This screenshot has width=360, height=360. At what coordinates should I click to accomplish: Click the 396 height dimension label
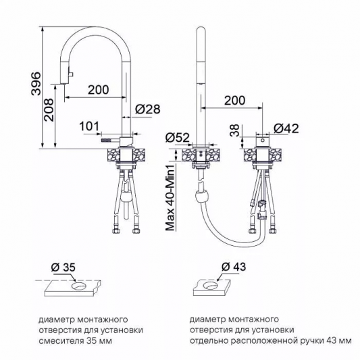coord(36,83)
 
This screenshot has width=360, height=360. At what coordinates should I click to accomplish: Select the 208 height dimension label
coord(49,110)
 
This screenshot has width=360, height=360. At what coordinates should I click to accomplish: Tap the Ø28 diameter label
coord(148,109)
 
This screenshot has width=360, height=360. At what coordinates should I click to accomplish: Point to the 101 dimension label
coord(89,126)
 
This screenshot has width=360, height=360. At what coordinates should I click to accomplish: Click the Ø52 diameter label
coord(178,138)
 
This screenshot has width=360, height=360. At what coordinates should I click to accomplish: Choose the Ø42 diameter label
coord(286,128)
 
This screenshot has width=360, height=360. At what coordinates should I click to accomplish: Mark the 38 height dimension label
coord(234,130)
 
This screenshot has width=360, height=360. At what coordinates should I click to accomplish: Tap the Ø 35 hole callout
coord(63,267)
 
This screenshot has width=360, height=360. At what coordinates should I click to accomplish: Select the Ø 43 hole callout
coord(234,267)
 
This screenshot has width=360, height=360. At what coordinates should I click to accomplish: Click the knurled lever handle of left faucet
coord(107,140)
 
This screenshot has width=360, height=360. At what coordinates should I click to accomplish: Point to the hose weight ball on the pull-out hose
coord(202,196)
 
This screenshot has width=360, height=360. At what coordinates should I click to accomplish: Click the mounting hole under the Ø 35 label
coord(79,286)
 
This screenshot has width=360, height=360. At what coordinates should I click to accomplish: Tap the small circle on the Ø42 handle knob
coord(263,140)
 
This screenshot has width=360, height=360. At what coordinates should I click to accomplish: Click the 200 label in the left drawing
coord(99,90)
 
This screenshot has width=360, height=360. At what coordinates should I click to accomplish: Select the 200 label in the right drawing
coord(234,101)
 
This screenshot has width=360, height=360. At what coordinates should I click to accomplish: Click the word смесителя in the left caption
coord(61,341)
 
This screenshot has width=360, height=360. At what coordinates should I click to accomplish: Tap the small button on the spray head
coord(72,74)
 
